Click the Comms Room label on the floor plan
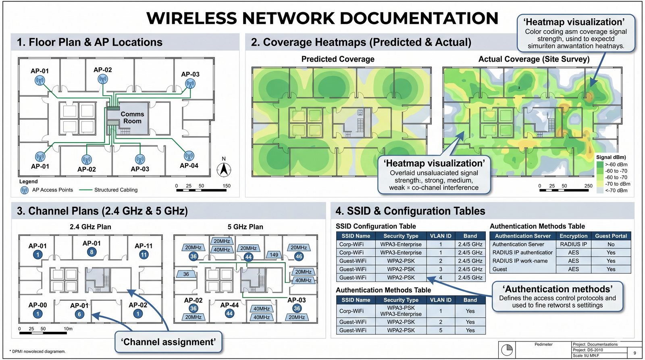pos(132,117)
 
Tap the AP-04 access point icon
pos(189,156)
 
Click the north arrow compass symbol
pos(224,169)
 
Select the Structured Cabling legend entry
pos(116,190)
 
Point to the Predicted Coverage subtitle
pos(338,59)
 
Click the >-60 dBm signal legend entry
pos(616,164)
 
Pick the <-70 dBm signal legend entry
pos(616,190)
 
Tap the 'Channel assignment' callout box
pos(169,342)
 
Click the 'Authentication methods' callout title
pos(558,289)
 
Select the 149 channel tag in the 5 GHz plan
pos(274,255)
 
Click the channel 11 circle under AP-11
pos(144,254)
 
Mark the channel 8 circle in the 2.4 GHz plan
pos(92,252)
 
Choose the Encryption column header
pos(573,236)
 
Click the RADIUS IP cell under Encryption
pos(573,244)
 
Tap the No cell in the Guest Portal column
pos(611,244)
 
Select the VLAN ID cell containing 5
pos(441,330)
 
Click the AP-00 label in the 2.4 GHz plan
pos(37,305)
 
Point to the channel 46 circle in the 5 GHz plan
pos(299,256)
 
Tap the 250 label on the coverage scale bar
pos(589,186)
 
